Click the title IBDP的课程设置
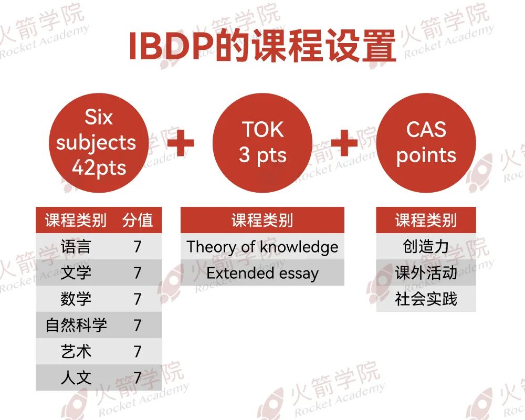tap(262, 46)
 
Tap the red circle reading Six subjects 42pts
tap(99, 143)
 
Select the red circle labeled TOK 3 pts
tap(262, 143)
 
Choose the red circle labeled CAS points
tap(426, 143)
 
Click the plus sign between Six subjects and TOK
tap(180, 143)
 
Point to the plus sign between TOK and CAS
tap(344, 143)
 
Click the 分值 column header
tap(138, 220)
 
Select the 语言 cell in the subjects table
tap(76, 246)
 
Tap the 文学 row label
tap(76, 272)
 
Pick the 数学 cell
tap(76, 299)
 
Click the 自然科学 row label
tap(76, 325)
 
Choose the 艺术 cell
tap(76, 351)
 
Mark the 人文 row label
tap(76, 377)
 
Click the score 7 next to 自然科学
tap(138, 325)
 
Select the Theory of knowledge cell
tap(262, 246)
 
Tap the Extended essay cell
tap(262, 273)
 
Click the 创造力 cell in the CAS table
tap(426, 246)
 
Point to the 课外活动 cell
tap(426, 272)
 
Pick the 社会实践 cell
tap(426, 299)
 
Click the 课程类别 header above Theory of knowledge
tap(262, 220)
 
